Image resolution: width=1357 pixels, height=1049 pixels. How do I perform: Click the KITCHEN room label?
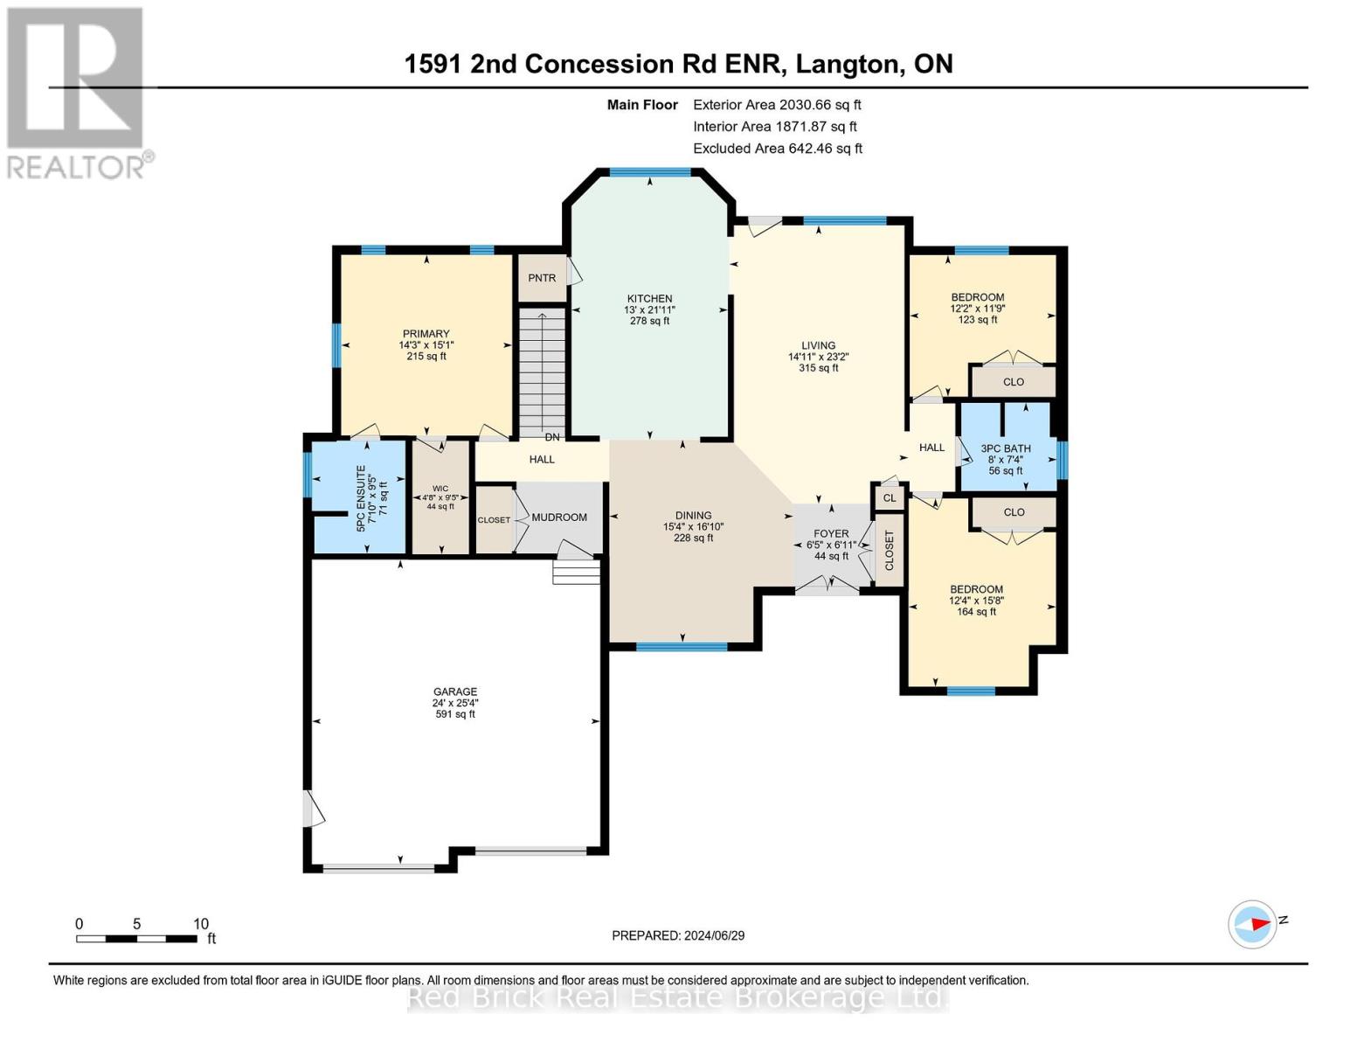pyautogui.click(x=649, y=299)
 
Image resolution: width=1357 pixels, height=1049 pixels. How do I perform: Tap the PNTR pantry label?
pyautogui.click(x=542, y=278)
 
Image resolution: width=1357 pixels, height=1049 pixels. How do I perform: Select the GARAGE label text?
pyautogui.click(x=455, y=691)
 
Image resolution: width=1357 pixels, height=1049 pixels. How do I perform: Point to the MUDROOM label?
pyautogui.click(x=559, y=518)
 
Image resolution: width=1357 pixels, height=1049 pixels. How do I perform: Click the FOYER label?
pyautogui.click(x=831, y=533)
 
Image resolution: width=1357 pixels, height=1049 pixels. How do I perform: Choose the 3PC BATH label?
pyautogui.click(x=1006, y=448)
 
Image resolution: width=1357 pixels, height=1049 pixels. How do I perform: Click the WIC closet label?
pyautogui.click(x=440, y=488)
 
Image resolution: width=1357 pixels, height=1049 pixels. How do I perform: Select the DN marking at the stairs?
pyautogui.click(x=552, y=437)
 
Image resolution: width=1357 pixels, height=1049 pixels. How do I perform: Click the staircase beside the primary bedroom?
pyautogui.click(x=542, y=372)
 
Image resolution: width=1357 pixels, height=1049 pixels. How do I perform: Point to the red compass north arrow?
pyautogui.click(x=1260, y=924)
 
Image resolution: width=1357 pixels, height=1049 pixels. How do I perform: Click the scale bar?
pyautogui.click(x=137, y=938)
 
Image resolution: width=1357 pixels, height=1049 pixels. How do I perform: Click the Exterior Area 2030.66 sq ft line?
pyautogui.click(x=777, y=105)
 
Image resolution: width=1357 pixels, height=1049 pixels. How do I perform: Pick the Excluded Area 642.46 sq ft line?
pyautogui.click(x=778, y=149)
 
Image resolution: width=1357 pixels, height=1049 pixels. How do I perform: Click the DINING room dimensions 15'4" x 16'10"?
pyautogui.click(x=693, y=527)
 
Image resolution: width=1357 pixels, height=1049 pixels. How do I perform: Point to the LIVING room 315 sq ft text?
pyautogui.click(x=818, y=368)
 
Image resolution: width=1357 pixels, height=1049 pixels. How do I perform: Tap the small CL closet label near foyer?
pyautogui.click(x=890, y=498)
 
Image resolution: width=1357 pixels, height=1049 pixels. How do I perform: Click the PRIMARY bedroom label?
pyautogui.click(x=426, y=334)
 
